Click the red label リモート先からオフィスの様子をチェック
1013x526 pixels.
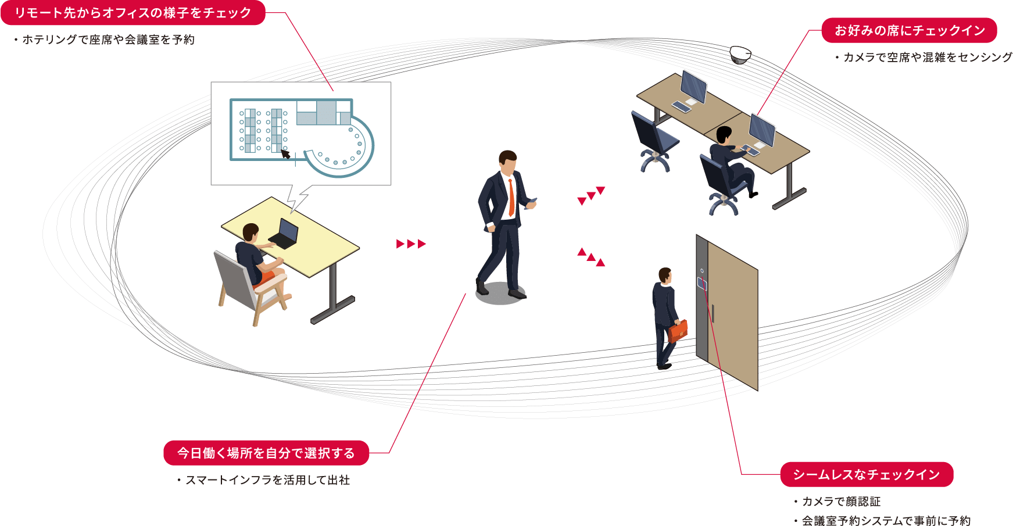pos(133,13)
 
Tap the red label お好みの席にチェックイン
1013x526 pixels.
pos(909,30)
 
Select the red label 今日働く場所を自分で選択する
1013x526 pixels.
pos(266,453)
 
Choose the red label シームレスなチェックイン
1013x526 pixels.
pos(867,474)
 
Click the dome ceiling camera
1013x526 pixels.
pos(740,55)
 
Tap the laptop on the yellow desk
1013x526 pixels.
pos(284,234)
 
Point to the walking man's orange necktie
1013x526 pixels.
pos(511,198)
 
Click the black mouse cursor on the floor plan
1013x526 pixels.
pos(285,153)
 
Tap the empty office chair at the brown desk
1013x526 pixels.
pos(654,142)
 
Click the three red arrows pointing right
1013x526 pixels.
pos(411,244)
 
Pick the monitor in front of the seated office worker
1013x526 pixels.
pos(762,131)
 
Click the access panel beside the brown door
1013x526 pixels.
pos(702,283)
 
